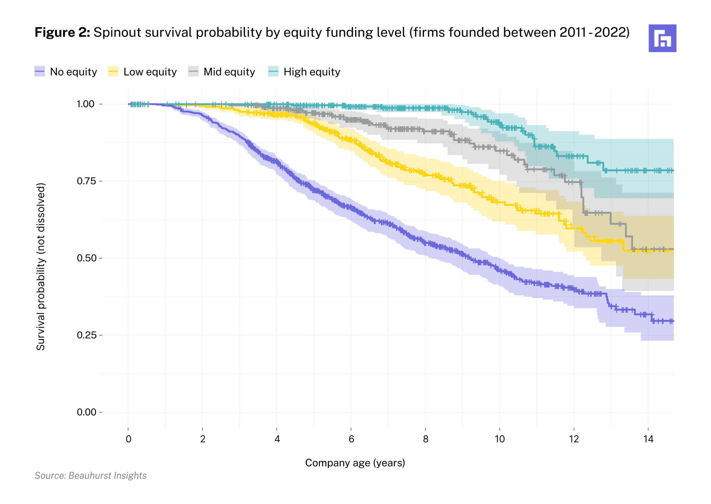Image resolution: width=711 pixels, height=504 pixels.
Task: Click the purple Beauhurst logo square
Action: point(662,38)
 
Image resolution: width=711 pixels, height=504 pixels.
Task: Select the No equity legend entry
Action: point(66,72)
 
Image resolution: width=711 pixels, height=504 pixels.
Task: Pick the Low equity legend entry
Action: point(142,72)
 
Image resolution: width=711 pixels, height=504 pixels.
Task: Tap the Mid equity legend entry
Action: point(221,72)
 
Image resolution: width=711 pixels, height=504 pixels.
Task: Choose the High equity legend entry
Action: point(304,72)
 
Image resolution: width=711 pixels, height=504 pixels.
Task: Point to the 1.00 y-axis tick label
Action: point(85,104)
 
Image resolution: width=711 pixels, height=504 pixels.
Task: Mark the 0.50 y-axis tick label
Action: point(85,258)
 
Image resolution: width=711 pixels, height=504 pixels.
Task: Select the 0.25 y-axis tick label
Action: point(85,335)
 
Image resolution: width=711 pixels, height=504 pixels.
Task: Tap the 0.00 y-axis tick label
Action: point(85,412)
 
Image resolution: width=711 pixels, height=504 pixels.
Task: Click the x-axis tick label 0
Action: point(128,439)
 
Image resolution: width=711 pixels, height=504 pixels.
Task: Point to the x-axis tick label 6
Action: point(351,439)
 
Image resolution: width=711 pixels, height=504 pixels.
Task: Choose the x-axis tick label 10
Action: point(500,439)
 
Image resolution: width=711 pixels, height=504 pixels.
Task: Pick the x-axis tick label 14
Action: point(648,439)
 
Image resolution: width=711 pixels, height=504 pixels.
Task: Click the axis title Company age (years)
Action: point(355,463)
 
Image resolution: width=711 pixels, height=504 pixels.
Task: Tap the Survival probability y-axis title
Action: point(41,266)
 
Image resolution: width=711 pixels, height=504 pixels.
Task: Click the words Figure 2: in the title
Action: point(62,33)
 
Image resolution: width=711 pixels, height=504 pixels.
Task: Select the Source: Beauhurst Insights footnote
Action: point(91,476)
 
